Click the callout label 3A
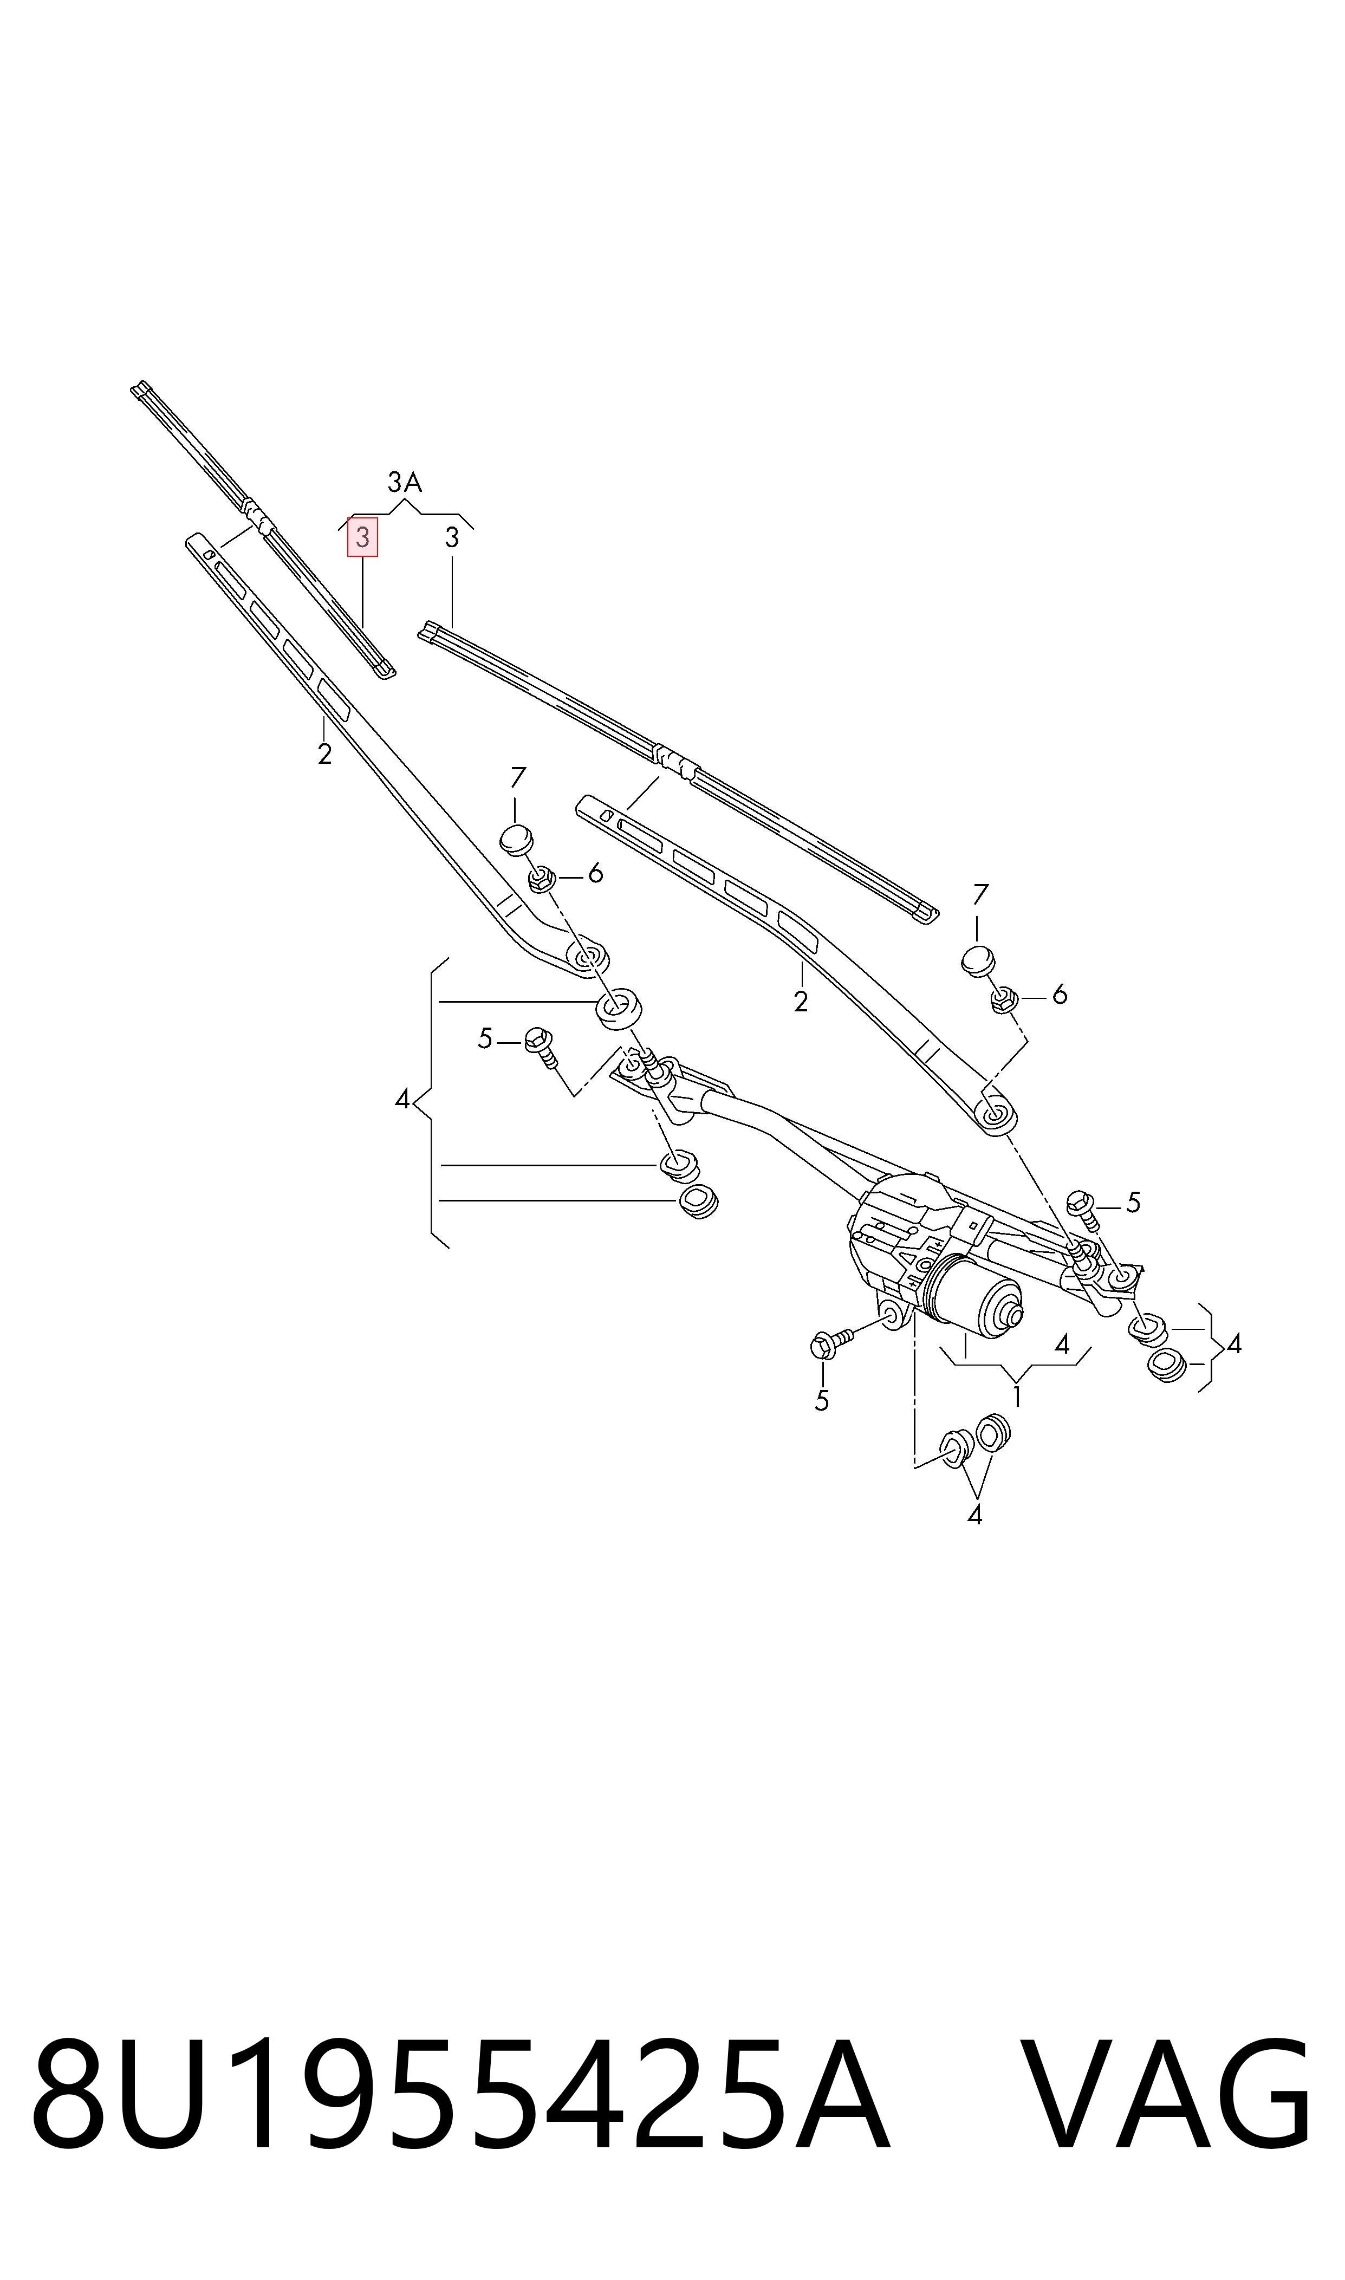coord(404,482)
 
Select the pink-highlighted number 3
coord(362,537)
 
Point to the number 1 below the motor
coord(1017,1396)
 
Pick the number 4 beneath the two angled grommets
coord(974,1515)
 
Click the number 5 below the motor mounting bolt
coord(822,1401)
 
